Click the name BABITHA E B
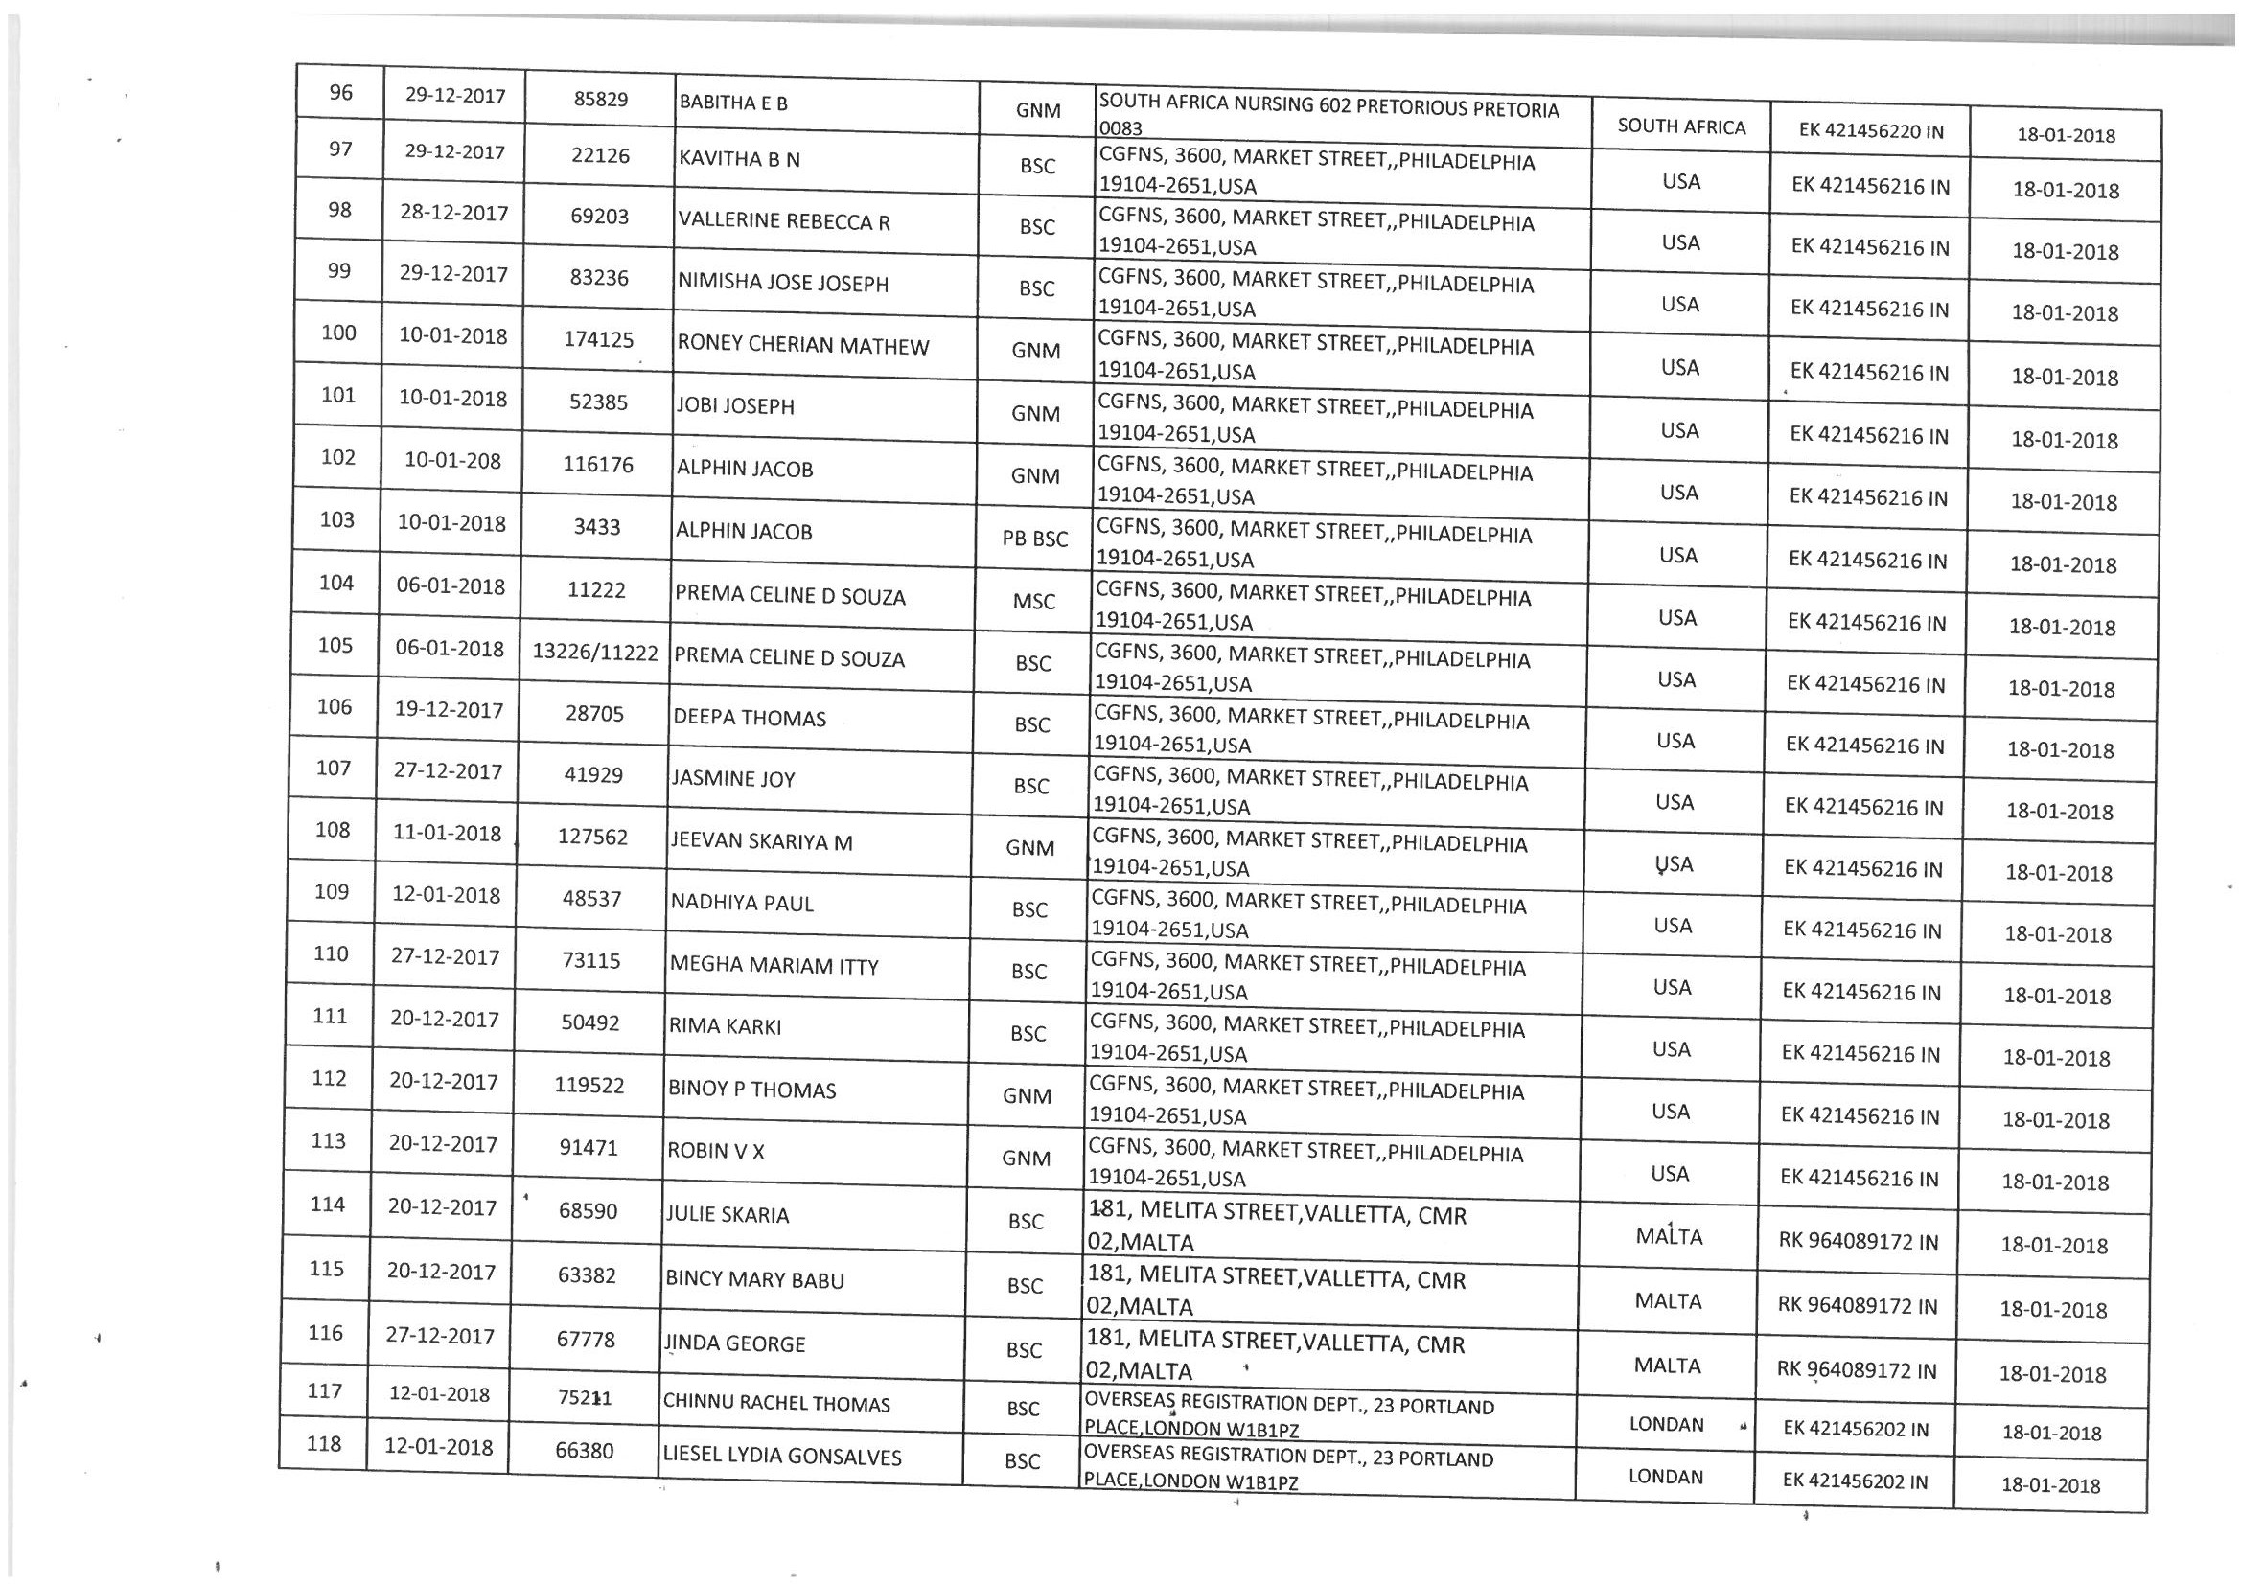tap(732, 103)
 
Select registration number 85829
tap(600, 99)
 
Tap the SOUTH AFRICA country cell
tap(1681, 126)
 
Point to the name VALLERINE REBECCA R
tap(784, 221)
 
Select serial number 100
tap(338, 333)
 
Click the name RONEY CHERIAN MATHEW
tap(802, 346)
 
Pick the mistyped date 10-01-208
tap(451, 461)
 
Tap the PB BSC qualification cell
tap(1034, 539)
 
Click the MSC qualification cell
tap(1033, 601)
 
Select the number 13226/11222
tap(594, 652)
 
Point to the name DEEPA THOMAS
tap(749, 719)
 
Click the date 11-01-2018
tap(447, 834)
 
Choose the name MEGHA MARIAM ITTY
tap(774, 966)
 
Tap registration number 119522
tap(589, 1086)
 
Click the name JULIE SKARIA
tap(727, 1215)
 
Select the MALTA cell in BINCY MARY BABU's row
tap(1668, 1301)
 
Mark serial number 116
tap(325, 1333)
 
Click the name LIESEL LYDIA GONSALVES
tap(782, 1457)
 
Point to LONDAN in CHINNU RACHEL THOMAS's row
tap(1666, 1424)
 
